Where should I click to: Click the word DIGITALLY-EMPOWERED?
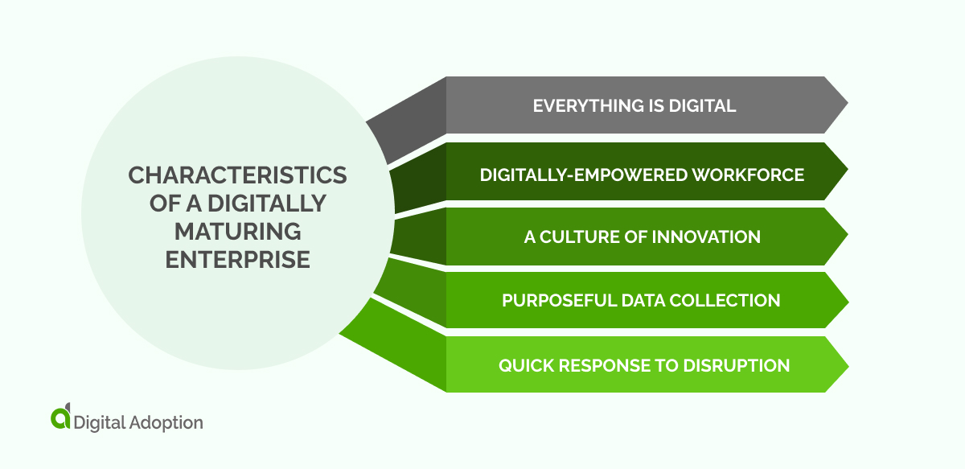tap(580, 174)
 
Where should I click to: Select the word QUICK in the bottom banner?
tap(524, 365)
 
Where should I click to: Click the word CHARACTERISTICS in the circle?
tap(237, 175)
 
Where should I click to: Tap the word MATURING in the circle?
tap(237, 232)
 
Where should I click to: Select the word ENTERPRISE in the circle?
tap(237, 259)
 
